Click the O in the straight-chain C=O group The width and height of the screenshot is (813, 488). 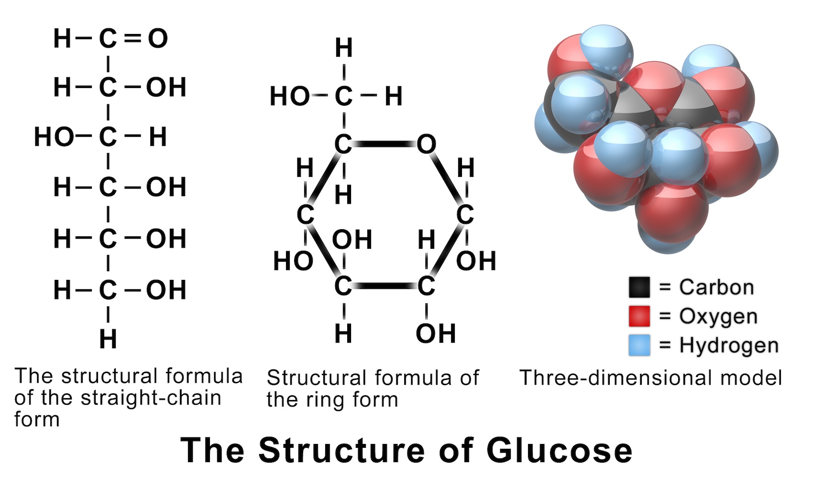tap(158, 38)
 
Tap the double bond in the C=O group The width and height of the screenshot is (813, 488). tap(132, 38)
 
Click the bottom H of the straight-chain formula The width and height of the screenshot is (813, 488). tap(108, 339)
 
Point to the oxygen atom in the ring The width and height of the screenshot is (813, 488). tap(426, 144)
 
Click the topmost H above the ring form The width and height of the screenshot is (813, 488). tap(343, 48)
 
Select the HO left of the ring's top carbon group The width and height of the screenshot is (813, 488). tap(290, 96)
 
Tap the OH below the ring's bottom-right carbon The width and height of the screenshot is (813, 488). tap(435, 333)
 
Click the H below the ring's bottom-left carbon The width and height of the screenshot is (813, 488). tap(343, 333)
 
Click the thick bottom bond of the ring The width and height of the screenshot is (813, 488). tap(385, 286)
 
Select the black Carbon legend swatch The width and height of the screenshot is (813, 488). tap(639, 287)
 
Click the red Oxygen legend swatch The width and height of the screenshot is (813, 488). tap(639, 316)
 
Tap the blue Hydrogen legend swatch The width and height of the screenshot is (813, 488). tap(639, 345)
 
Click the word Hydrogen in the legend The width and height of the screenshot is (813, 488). tap(729, 345)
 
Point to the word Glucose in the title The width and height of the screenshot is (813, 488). tap(559, 450)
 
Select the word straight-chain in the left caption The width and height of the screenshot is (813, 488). tap(151, 398)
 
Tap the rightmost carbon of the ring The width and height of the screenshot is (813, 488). tap(464, 215)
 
